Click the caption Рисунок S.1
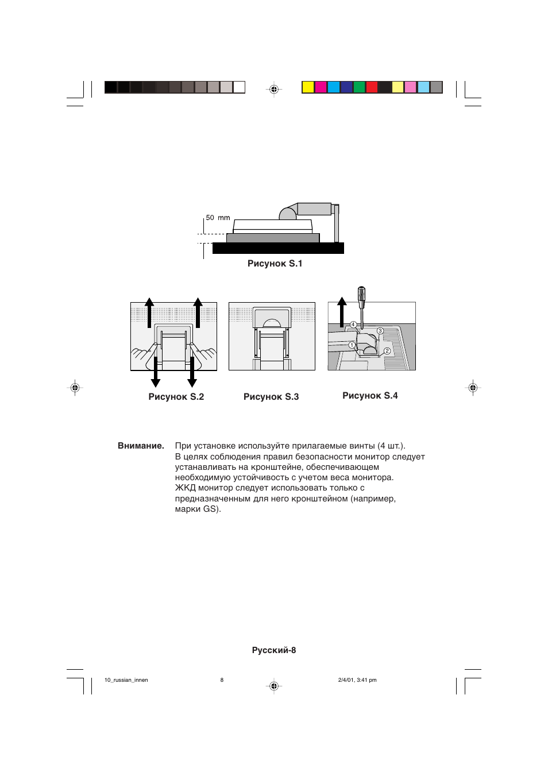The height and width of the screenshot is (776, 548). [275, 264]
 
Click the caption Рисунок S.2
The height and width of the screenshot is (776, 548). [176, 397]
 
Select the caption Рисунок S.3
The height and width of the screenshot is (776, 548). [271, 397]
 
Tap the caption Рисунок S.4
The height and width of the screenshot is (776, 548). [370, 396]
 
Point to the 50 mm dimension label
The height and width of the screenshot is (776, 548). [218, 218]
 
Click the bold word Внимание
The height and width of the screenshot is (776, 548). [141, 446]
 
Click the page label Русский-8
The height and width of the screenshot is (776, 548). [274, 650]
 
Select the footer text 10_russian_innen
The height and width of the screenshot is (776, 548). [126, 680]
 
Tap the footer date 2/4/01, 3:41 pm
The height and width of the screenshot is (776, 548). [357, 680]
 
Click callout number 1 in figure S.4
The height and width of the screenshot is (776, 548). [352, 345]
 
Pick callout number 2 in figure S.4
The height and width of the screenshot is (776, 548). [387, 351]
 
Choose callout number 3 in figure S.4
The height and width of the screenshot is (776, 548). [380, 331]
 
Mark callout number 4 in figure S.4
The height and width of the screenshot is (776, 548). [353, 325]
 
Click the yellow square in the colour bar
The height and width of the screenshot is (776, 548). [308, 87]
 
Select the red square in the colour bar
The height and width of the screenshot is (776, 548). [372, 87]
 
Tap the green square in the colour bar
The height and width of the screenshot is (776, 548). [359, 87]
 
